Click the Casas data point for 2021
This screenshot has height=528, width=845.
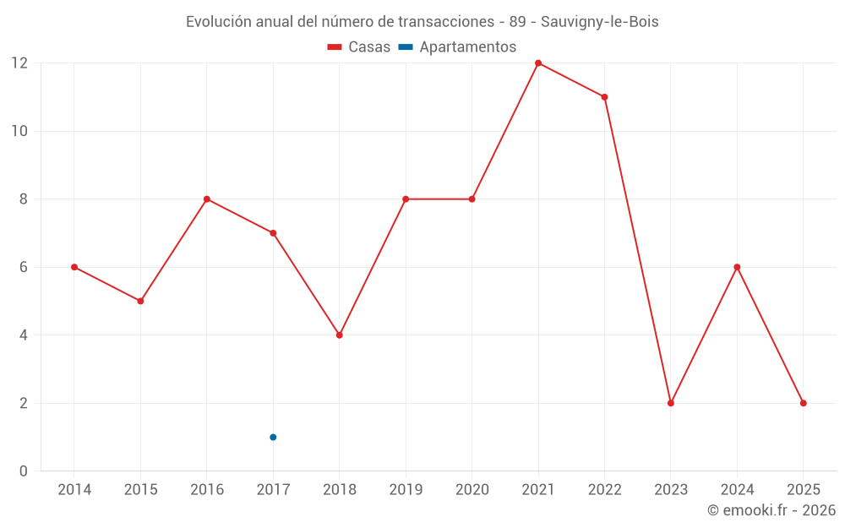[538, 63]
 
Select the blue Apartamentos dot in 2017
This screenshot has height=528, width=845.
[273, 437]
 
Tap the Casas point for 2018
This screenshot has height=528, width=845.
[340, 335]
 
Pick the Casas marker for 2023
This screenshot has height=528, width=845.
[671, 403]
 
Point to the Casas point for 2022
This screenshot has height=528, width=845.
[604, 97]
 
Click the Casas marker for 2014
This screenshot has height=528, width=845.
[74, 267]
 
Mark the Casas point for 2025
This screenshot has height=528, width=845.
[804, 403]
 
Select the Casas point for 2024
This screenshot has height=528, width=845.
[737, 267]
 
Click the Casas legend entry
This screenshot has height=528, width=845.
[359, 47]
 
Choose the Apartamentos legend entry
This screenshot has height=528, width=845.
[457, 47]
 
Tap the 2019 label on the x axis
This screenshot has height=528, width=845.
[406, 490]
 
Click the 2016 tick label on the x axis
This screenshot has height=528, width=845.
[207, 490]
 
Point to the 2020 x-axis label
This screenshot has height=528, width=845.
[472, 490]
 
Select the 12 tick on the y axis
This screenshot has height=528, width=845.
[19, 63]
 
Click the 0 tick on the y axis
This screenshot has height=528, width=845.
[24, 471]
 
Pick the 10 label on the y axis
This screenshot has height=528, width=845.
[19, 131]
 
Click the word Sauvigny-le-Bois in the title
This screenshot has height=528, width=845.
[606, 22]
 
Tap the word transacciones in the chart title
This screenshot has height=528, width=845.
[444, 22]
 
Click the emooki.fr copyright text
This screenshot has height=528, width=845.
[771, 510]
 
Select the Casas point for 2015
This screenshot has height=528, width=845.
[140, 301]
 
